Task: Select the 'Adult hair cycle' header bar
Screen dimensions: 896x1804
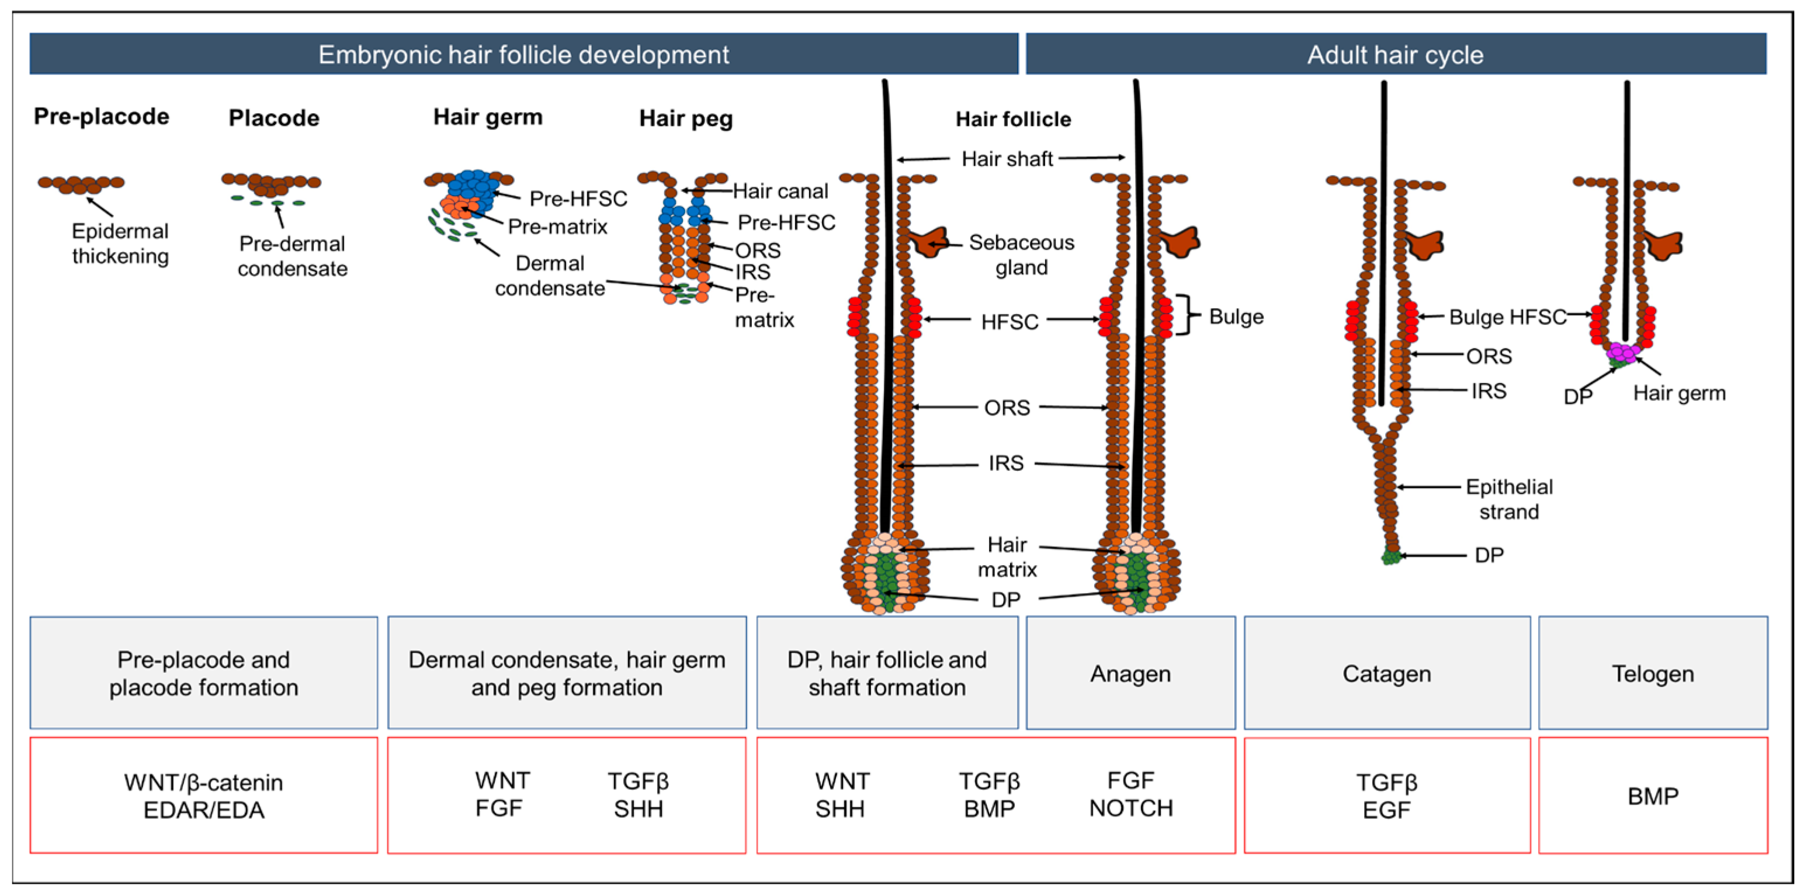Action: (x=1395, y=55)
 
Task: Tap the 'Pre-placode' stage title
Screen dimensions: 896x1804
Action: (x=102, y=116)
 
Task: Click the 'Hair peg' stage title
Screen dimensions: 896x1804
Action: (x=686, y=118)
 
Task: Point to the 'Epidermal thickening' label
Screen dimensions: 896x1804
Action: (x=120, y=243)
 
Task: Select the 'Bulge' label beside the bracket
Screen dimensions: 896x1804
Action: (x=1236, y=316)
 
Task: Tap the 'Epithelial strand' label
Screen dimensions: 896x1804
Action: (x=1509, y=498)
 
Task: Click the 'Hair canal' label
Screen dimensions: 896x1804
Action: (x=780, y=190)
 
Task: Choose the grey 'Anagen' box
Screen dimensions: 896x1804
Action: (x=1130, y=672)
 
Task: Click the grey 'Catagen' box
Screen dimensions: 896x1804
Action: (x=1387, y=672)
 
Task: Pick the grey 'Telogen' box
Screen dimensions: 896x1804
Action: (x=1653, y=672)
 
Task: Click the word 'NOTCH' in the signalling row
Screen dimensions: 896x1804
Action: (x=1130, y=808)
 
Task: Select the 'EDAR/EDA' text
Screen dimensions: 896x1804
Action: (x=204, y=810)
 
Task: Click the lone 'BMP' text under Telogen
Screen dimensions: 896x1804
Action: (x=1653, y=796)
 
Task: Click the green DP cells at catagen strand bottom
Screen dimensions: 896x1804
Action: (x=1391, y=557)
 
